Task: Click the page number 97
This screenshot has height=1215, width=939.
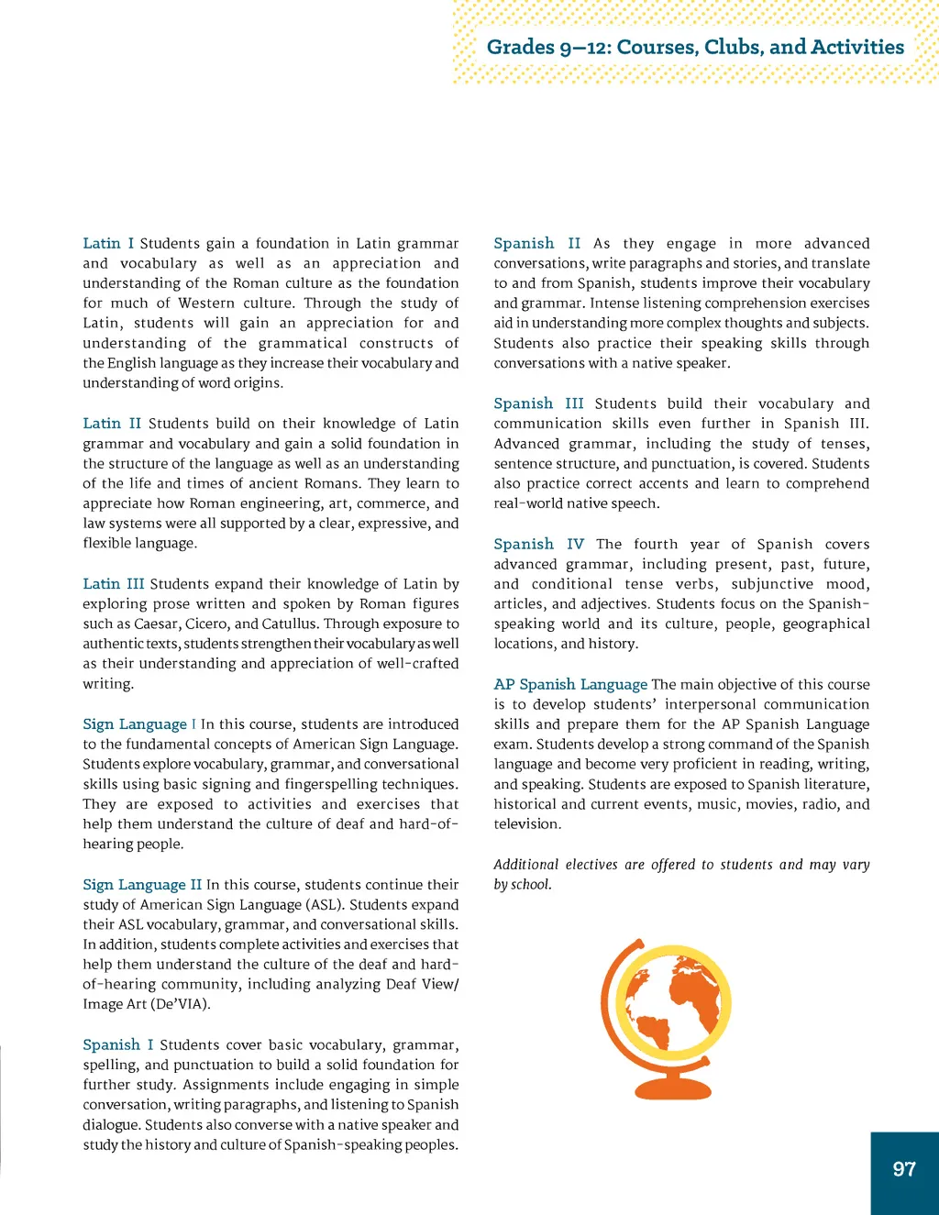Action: point(904,1169)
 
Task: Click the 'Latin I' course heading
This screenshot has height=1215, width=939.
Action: point(108,243)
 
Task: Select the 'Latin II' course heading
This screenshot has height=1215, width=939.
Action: point(112,424)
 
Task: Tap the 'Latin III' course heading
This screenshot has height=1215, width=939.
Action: point(114,584)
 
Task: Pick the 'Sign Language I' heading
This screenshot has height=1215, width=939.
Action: point(139,724)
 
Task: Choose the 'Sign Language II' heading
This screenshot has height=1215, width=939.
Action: point(142,885)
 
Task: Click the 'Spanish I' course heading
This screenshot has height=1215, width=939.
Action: point(118,1045)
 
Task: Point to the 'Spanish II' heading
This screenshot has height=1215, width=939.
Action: point(536,243)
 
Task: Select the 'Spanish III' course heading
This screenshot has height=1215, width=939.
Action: point(538,403)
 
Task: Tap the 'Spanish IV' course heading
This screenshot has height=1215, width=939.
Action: point(538,545)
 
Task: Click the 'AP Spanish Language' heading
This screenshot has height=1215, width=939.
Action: point(570,685)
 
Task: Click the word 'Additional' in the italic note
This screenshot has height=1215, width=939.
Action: point(525,865)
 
